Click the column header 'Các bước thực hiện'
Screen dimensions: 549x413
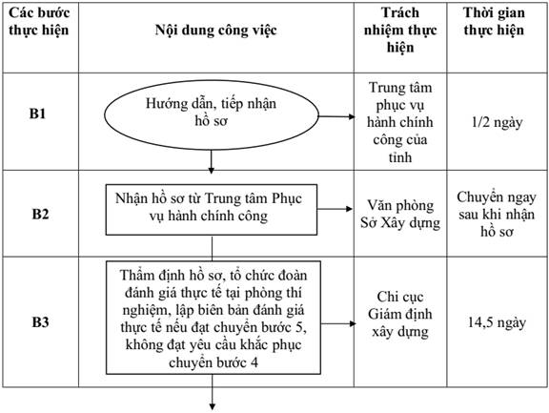39,21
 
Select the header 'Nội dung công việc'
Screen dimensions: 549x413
215,31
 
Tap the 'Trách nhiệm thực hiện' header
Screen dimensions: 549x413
400,31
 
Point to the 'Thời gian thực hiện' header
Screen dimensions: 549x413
494,21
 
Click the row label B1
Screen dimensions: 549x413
37,114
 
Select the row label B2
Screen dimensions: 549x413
40,214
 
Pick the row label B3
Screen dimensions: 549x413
40,321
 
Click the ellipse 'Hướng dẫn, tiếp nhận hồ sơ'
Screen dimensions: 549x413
212,115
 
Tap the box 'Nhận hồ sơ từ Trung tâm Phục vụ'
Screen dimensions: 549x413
212,210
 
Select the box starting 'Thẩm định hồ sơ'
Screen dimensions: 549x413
213,318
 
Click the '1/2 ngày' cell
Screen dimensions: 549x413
498,122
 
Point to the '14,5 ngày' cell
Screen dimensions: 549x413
498,322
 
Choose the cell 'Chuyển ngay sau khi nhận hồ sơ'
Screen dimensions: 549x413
497,214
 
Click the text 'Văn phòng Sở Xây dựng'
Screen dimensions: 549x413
400,214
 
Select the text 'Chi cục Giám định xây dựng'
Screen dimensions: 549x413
400,314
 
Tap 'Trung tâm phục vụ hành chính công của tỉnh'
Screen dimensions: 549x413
400,122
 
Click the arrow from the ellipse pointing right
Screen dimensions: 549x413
336,116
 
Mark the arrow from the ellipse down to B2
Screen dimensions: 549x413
212,162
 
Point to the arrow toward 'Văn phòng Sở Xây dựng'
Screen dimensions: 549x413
335,209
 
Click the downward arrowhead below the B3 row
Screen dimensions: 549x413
213,406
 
